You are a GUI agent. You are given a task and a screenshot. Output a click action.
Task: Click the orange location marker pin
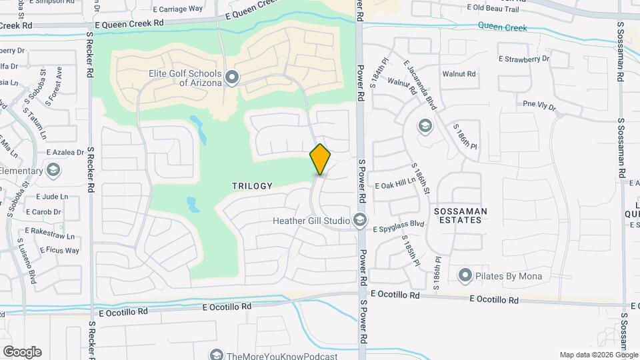click(321, 159)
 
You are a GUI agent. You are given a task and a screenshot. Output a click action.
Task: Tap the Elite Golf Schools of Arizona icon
click(232, 78)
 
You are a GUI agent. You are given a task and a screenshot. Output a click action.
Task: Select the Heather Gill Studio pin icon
click(360, 219)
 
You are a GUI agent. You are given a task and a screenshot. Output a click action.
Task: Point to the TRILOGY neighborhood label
click(252, 186)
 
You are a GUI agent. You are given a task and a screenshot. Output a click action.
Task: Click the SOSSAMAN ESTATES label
click(461, 215)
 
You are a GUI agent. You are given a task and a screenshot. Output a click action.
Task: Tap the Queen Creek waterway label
click(502, 28)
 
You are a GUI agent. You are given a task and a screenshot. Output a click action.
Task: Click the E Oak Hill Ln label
click(396, 185)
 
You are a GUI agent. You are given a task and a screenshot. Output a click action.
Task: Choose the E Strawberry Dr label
click(524, 59)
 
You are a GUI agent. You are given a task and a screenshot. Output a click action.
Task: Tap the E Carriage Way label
click(177, 9)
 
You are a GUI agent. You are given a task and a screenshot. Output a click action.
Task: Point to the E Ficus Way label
click(59, 251)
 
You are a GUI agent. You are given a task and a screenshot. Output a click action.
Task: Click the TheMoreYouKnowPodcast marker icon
click(215, 354)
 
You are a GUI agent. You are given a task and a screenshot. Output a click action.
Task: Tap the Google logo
click(22, 352)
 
